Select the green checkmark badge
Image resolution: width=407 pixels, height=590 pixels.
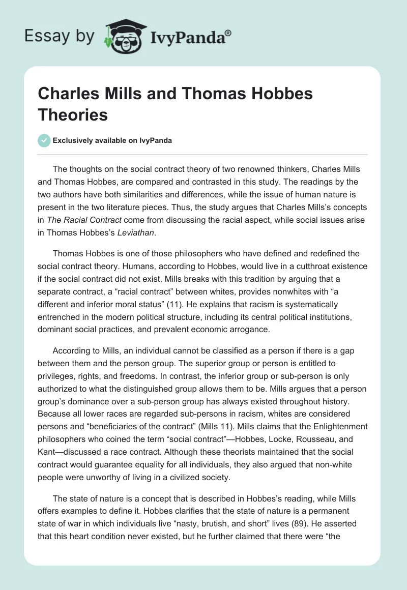(44, 140)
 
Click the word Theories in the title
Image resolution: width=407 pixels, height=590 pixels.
(73, 114)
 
